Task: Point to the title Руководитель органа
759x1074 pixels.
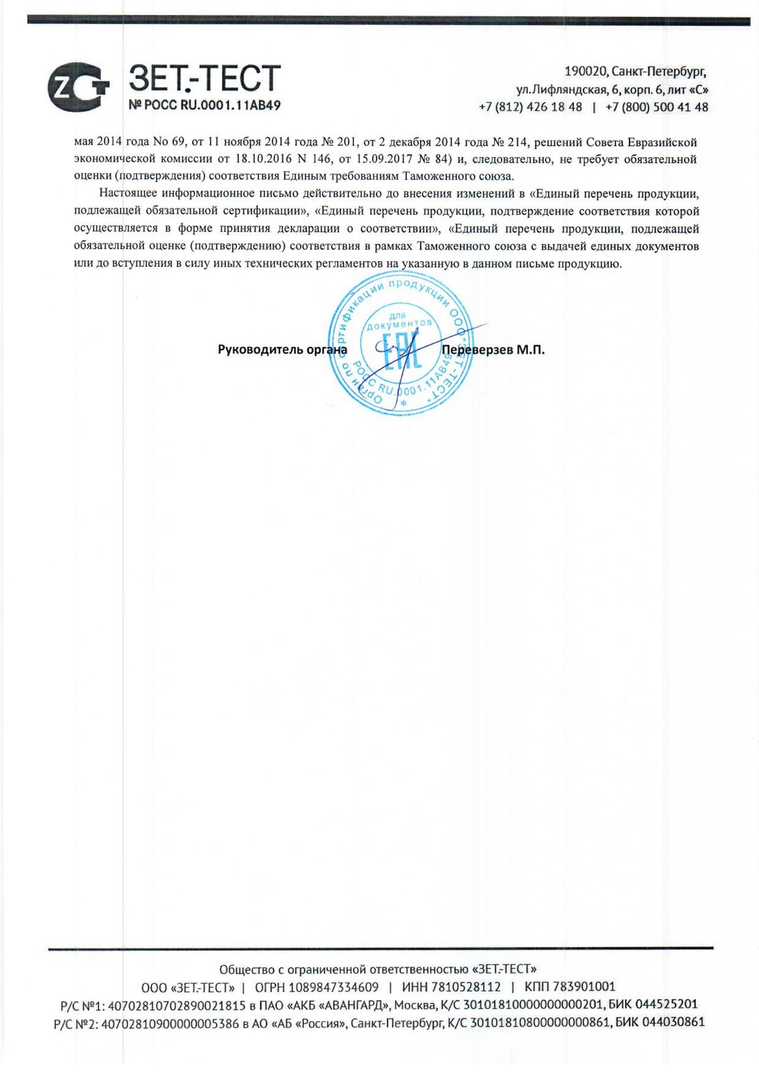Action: click(x=282, y=350)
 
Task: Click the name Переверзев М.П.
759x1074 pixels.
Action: click(x=494, y=350)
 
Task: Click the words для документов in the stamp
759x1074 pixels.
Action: click(x=399, y=319)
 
